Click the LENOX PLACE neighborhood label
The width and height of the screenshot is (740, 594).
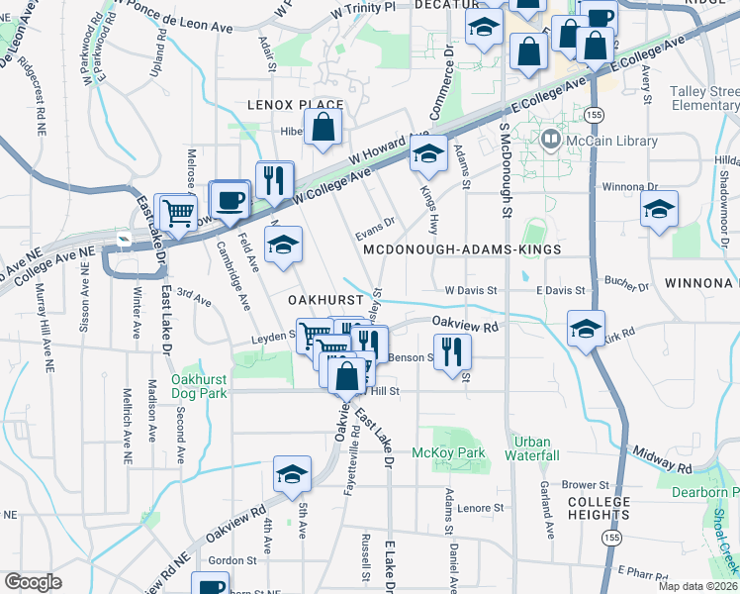[296, 104]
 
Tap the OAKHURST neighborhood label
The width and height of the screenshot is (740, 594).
[322, 298]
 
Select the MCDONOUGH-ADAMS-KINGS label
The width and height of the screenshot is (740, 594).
[462, 250]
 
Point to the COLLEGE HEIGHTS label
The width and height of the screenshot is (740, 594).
[599, 508]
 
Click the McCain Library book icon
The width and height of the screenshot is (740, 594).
[550, 140]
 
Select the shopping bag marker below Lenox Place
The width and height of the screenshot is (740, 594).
[323, 127]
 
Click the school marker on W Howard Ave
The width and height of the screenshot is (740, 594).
[428, 153]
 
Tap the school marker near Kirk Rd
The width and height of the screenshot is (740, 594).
[586, 328]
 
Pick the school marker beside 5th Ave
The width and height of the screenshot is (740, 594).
[292, 474]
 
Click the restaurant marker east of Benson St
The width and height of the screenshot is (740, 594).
[453, 350]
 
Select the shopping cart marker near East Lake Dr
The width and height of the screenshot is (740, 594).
[178, 211]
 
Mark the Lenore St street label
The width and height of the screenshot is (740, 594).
[482, 508]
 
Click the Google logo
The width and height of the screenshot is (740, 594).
[33, 582]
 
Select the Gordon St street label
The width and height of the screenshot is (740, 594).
[232, 560]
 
